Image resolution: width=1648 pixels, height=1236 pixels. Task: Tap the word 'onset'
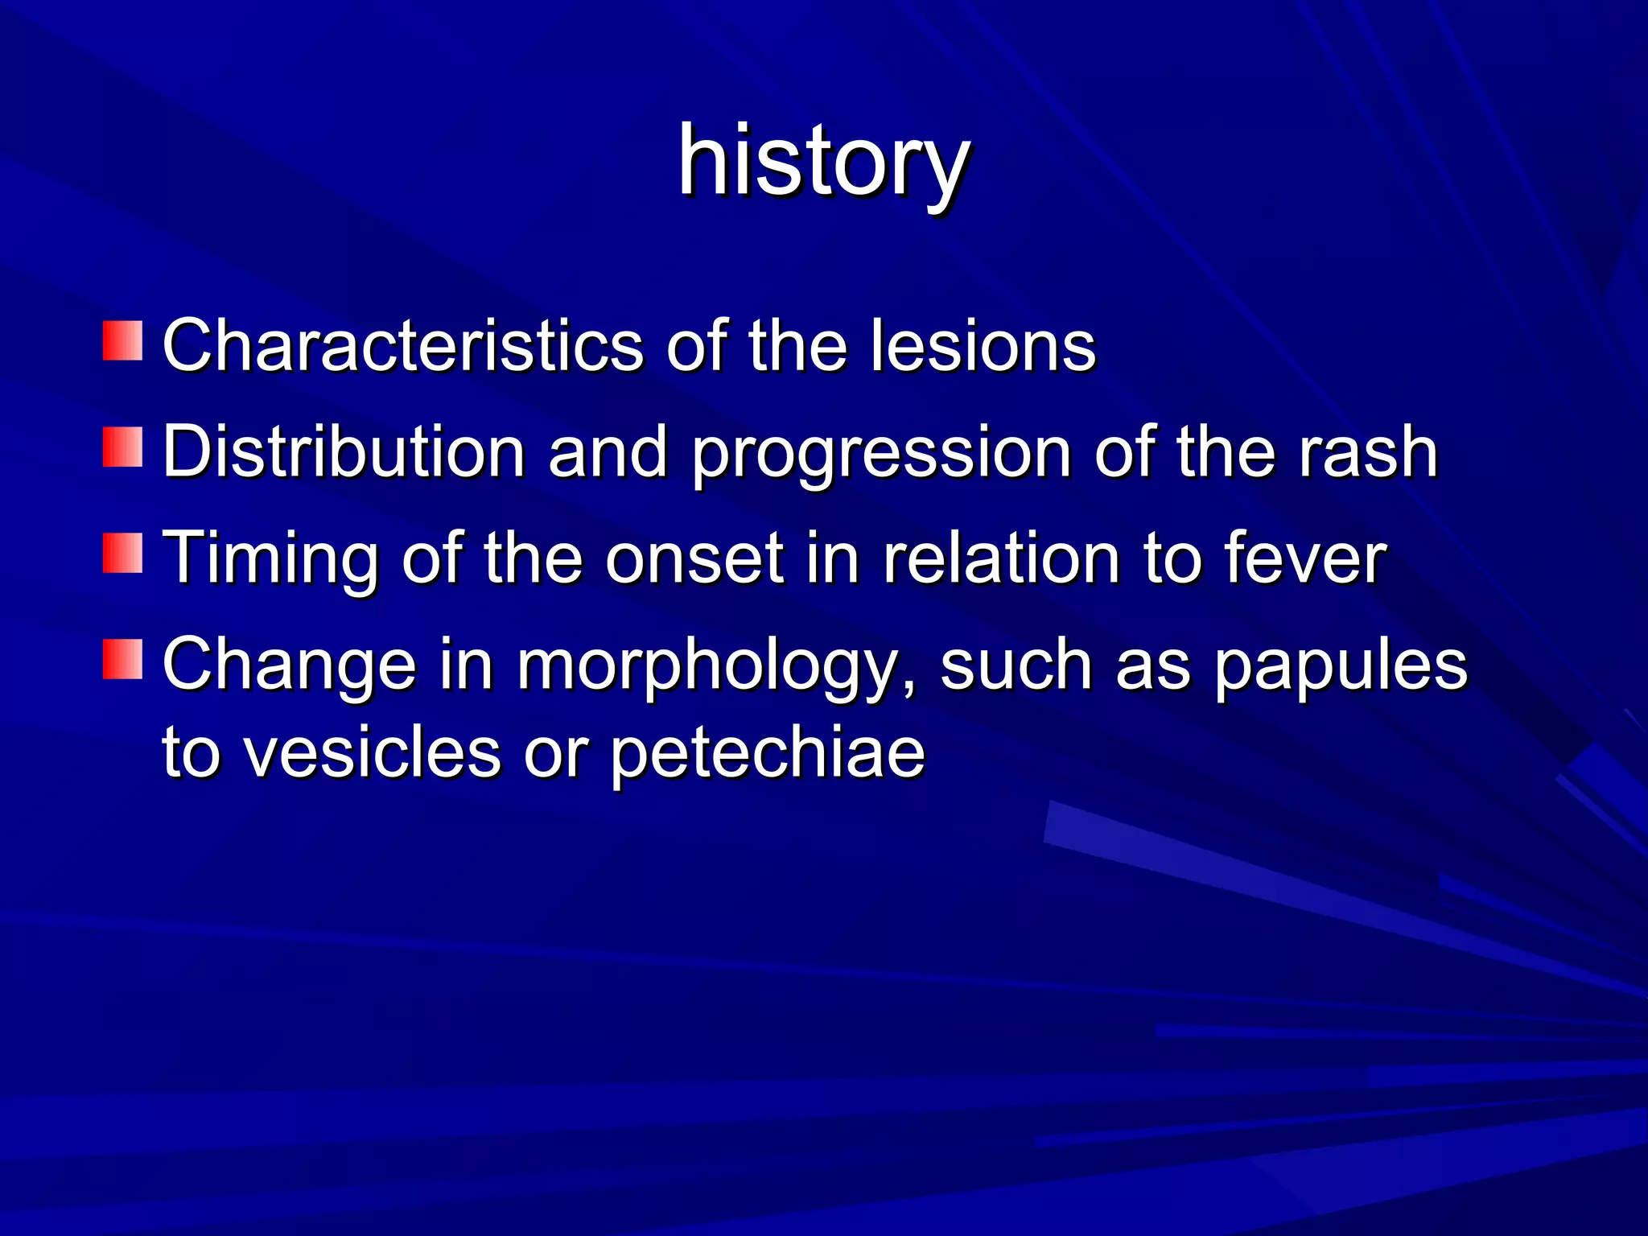click(x=694, y=559)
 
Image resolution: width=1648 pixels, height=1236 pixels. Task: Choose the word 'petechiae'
click(x=767, y=755)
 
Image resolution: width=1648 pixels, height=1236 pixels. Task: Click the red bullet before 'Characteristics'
click(x=122, y=340)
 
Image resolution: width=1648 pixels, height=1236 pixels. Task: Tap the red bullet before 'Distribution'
click(x=122, y=447)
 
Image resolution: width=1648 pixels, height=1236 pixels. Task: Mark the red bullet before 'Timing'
click(x=122, y=553)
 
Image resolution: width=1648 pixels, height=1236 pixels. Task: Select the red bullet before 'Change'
click(x=122, y=660)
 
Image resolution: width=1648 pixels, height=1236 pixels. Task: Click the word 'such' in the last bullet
click(x=1016, y=666)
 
